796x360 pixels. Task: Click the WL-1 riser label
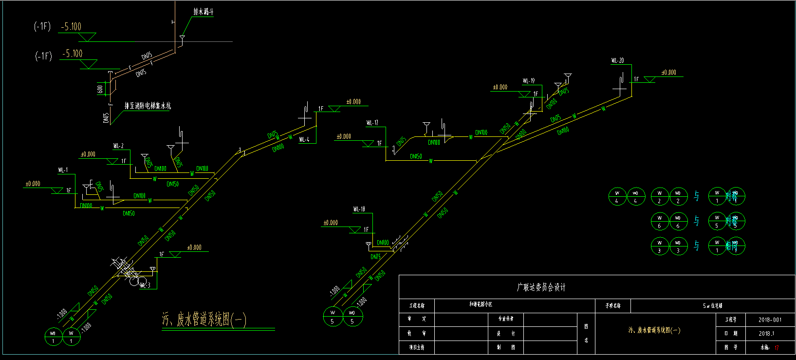63,170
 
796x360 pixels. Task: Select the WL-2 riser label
118,146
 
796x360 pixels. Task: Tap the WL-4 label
304,139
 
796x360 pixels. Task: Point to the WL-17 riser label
372,123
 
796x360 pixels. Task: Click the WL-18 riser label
359,209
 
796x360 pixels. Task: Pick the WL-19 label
529,81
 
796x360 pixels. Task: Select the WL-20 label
617,60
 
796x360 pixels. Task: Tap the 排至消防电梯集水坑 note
148,105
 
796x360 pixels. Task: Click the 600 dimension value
100,89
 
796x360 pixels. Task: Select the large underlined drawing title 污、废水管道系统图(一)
204,320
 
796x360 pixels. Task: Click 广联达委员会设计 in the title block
541,287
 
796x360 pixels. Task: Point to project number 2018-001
770,320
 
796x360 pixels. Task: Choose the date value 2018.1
766,334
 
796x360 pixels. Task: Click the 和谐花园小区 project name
481,304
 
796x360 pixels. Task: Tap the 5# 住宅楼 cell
712,306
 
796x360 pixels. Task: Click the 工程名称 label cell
417,306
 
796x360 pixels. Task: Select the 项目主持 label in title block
417,347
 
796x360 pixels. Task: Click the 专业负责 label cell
506,319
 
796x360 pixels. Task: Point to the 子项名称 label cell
613,306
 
